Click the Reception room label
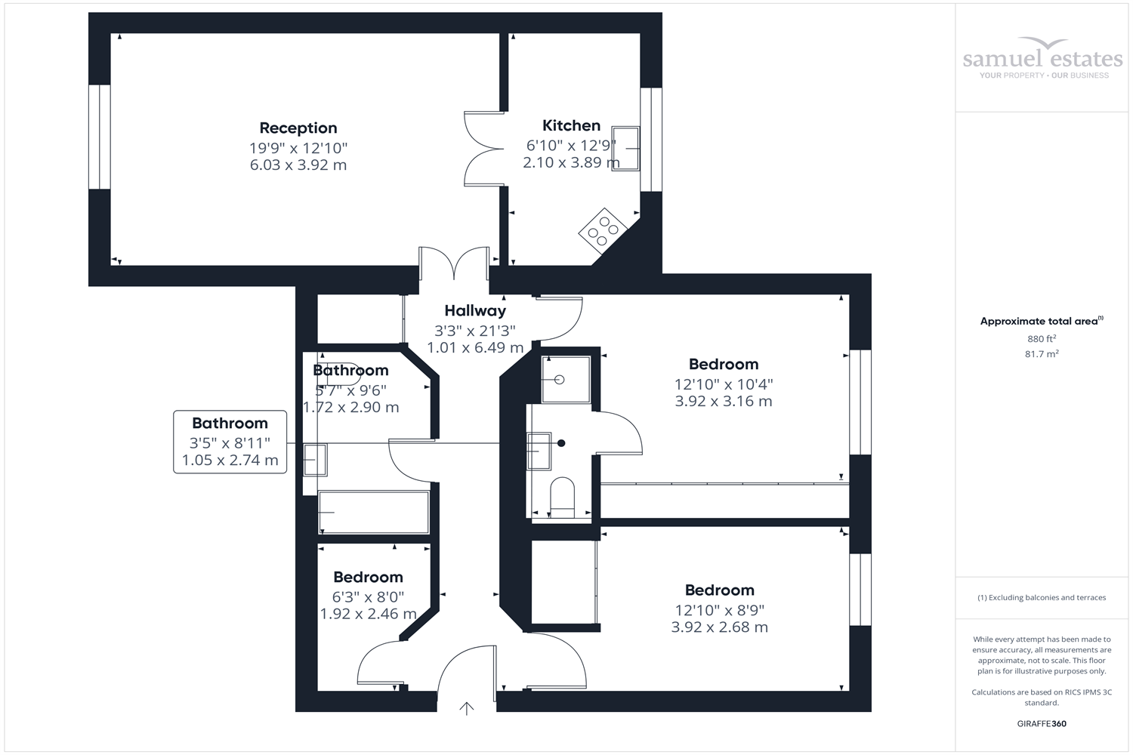click(298, 128)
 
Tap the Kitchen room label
click(571, 126)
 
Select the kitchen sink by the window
click(625, 149)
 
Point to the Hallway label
click(475, 310)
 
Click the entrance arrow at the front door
click(467, 707)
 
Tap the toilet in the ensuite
click(562, 497)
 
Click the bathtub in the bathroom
click(374, 513)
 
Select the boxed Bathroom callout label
click(230, 442)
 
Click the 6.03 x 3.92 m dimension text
click(298, 165)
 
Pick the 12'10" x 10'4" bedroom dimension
click(723, 384)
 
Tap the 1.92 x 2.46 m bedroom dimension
click(368, 614)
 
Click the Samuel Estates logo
click(1042, 59)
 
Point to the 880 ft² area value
click(1042, 339)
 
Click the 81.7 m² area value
click(1042, 354)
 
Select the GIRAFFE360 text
click(1042, 723)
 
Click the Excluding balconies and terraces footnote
click(1042, 597)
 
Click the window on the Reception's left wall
click(100, 137)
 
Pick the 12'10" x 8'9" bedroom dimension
click(719, 610)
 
